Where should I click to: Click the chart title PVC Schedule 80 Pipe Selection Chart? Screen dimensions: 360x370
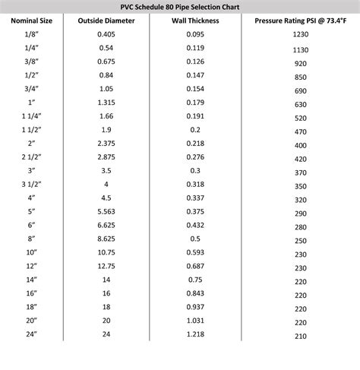point(180,6)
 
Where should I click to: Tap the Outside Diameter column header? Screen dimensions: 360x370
point(106,21)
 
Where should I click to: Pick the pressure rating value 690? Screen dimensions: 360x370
point(301,90)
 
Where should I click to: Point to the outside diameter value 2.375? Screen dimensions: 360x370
point(106,142)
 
